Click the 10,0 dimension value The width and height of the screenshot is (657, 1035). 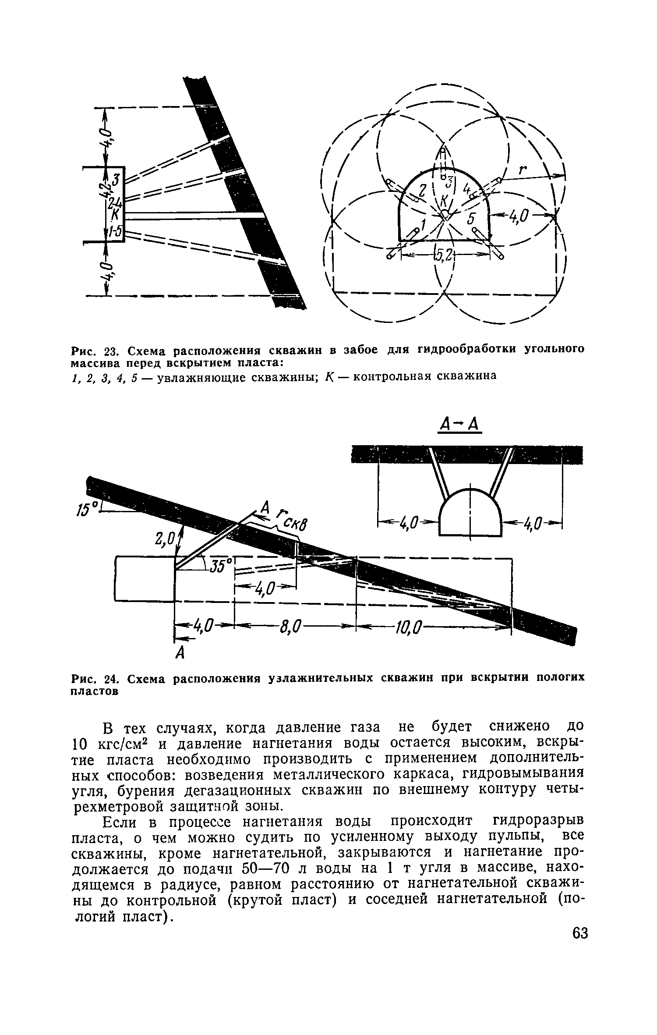[x=407, y=629]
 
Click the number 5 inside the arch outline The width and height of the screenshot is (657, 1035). [x=471, y=218]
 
